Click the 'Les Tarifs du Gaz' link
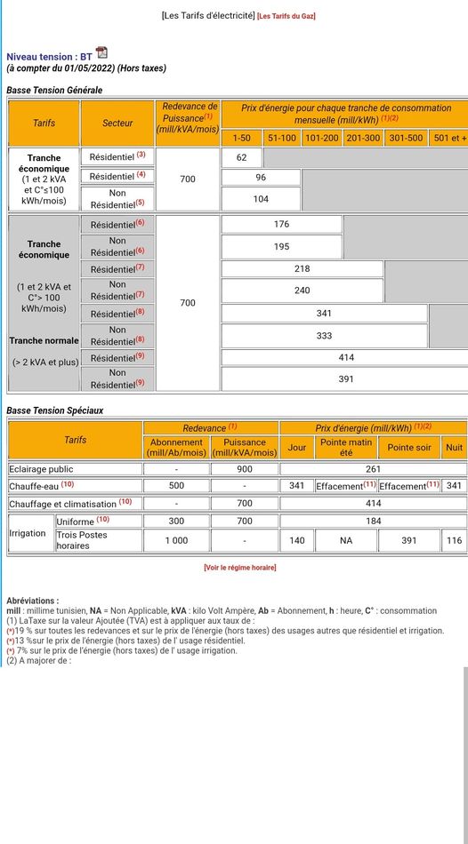tap(286, 16)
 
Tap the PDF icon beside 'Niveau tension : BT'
tap(101, 53)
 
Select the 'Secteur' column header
tap(117, 123)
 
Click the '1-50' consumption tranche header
tap(241, 138)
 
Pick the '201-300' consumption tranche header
tap(363, 138)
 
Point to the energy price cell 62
tap(242, 157)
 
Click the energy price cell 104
tap(261, 198)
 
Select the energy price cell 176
tap(282, 225)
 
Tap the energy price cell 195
tap(282, 246)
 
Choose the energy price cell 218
tap(303, 268)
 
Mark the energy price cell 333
tap(325, 336)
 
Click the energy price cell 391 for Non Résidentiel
tap(346, 379)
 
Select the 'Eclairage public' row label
tap(41, 468)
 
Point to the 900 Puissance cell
tap(245, 468)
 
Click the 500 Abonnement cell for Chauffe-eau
tap(176, 486)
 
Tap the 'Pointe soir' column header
tap(409, 447)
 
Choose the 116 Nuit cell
tap(455, 540)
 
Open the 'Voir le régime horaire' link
tap(239, 567)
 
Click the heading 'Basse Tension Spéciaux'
tap(55, 410)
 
